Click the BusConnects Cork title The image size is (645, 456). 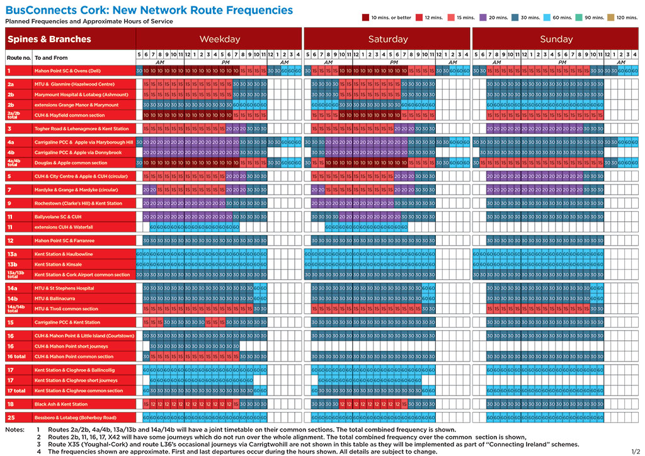tap(149, 9)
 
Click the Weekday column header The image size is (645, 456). tap(220, 39)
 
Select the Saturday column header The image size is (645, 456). tap(388, 39)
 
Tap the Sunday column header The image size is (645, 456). tap(556, 39)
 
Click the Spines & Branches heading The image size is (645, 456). tap(49, 39)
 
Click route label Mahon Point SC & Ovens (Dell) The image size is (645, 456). tap(67, 71)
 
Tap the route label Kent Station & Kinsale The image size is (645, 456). tap(58, 265)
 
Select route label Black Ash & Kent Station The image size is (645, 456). tap(61, 404)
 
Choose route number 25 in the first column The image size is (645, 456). tap(11, 418)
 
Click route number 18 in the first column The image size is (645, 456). tap(11, 404)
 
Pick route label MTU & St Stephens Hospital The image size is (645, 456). tap(64, 288)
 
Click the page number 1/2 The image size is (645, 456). tap(635, 450)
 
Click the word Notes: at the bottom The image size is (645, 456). tap(14, 430)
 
